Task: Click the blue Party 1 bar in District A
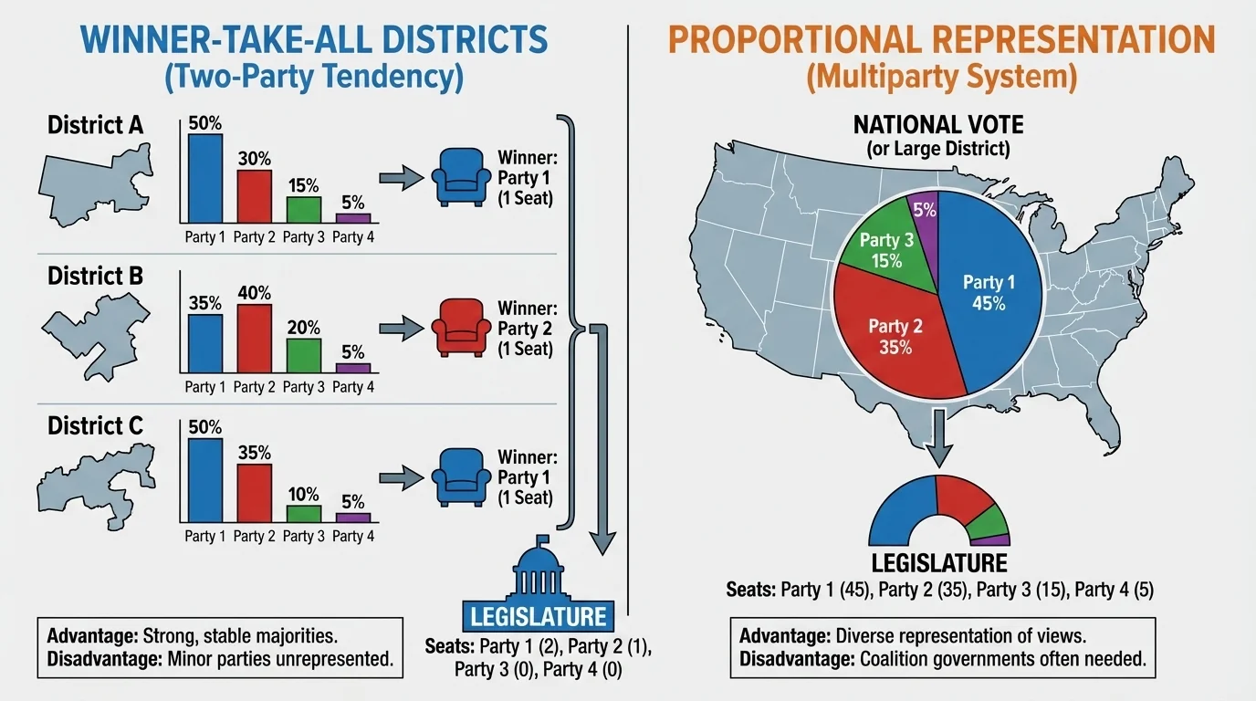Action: coord(205,179)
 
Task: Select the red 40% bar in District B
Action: coord(254,339)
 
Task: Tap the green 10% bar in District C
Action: coord(304,513)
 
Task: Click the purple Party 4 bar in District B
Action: coord(352,368)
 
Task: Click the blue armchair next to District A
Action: coord(454,176)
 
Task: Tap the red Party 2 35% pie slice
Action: coord(899,338)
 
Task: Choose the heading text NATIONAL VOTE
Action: coord(939,124)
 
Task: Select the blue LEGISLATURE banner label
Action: coord(539,616)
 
